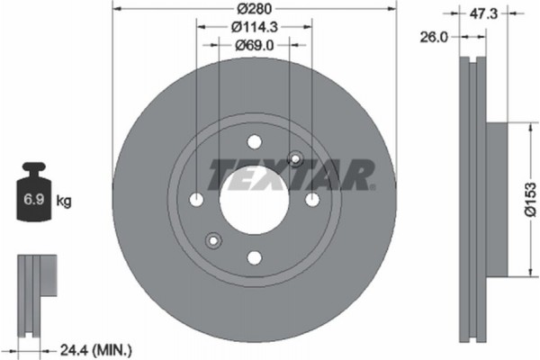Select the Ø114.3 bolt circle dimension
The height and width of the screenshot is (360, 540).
pos(254,27)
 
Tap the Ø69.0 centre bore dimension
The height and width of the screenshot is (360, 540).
pos(254,44)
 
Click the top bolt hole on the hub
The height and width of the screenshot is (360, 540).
pos(254,141)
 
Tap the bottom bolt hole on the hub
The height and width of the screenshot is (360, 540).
pos(254,257)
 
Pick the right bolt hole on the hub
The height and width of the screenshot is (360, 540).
pos(311,199)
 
